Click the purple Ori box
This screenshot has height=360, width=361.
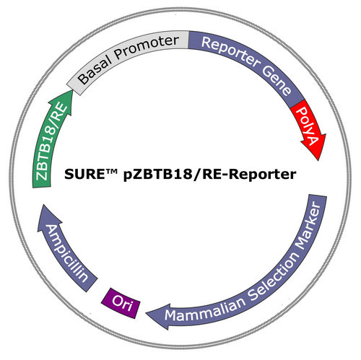point(121,303)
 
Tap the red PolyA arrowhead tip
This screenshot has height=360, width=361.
point(318,160)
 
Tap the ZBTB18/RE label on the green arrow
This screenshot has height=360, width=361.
point(51,142)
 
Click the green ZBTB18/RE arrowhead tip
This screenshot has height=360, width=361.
point(71,89)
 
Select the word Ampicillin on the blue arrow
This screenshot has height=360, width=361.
point(66,253)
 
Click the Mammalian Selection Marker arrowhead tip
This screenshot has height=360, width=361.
point(146,313)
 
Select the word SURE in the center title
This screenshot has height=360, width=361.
point(84,174)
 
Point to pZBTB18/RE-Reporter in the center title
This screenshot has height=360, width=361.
point(209,175)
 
